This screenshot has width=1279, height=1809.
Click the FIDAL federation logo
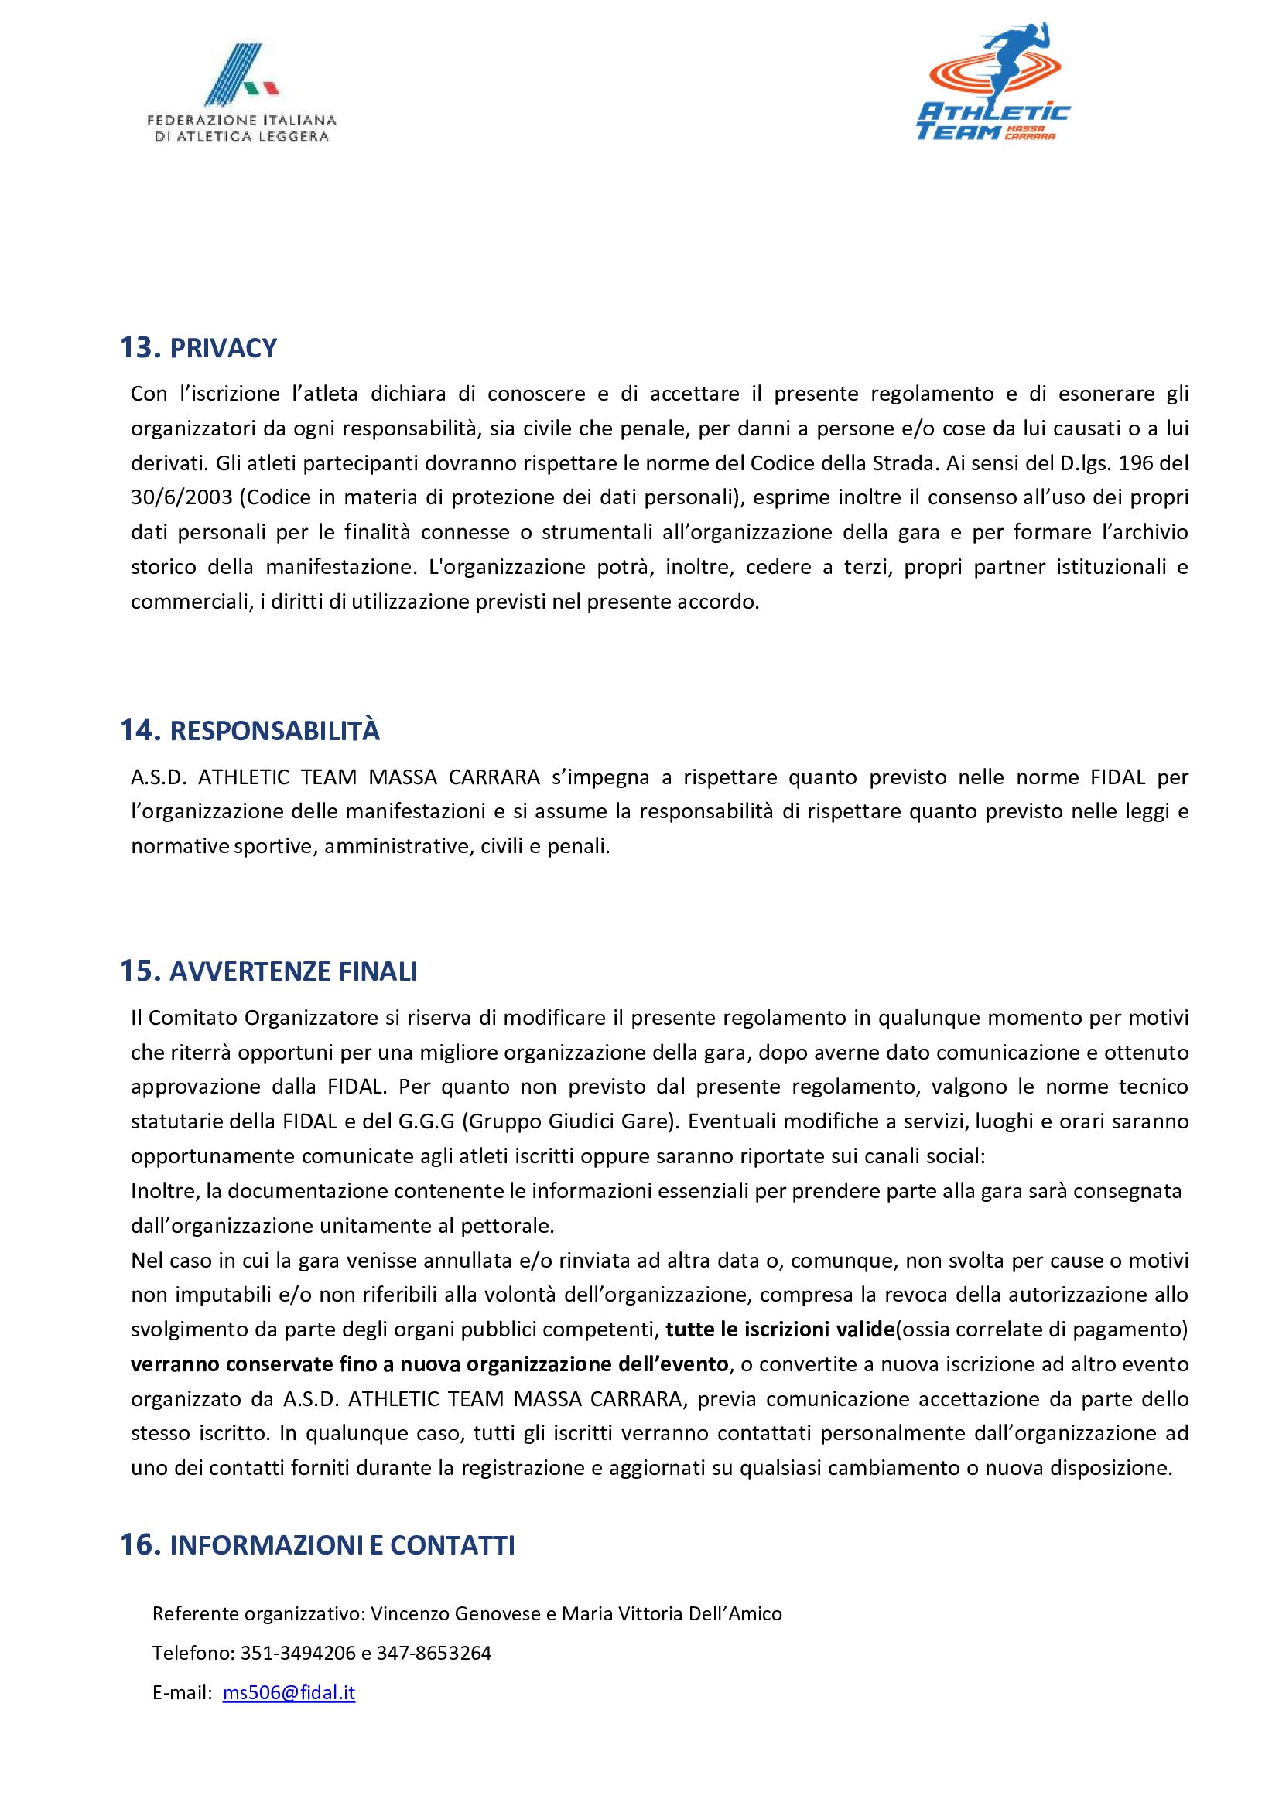point(241,93)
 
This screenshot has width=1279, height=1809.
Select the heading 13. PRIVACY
point(199,348)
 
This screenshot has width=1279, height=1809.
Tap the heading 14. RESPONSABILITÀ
point(250,730)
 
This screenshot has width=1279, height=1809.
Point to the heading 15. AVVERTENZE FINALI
point(268,971)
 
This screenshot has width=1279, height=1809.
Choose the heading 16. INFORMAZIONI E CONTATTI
point(317,1545)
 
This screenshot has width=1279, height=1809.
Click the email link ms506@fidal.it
point(289,1692)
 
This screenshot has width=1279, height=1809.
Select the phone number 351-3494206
point(298,1653)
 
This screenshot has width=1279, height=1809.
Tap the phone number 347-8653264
point(433,1653)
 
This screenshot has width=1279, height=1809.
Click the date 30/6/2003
point(181,497)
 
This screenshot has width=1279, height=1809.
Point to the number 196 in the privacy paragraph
point(1136,462)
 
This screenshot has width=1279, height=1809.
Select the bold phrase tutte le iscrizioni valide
point(780,1329)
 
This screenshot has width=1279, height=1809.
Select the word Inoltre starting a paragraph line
point(166,1190)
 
